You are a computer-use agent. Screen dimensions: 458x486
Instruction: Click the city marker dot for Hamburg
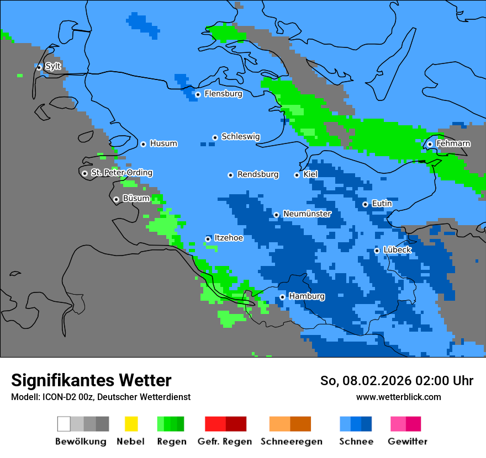tap(282, 297)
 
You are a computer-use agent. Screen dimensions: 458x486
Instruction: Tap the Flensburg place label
tap(223, 94)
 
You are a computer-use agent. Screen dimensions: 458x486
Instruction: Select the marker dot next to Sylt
tap(39, 67)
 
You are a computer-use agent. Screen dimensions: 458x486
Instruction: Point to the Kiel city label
tap(310, 174)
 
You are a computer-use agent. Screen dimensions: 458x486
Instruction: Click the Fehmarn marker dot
tap(430, 145)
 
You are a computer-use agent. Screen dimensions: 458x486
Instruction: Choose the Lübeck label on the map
tap(397, 250)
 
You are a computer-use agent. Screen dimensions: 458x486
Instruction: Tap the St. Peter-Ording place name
tap(121, 173)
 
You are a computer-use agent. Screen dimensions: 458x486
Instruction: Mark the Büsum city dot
tap(116, 199)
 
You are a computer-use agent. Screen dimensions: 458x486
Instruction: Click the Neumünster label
tap(307, 214)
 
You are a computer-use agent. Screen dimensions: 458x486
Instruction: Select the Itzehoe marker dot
tap(208, 239)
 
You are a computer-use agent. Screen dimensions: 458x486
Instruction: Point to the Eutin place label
tap(382, 204)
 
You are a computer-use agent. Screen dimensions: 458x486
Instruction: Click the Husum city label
tap(163, 143)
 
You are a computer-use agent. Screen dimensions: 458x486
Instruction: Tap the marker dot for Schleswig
tap(215, 137)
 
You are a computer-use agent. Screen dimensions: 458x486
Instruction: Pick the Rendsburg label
tap(258, 174)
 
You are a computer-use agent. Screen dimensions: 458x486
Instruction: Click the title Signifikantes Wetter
tap(91, 380)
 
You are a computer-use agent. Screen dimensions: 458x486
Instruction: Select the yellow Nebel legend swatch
tap(131, 424)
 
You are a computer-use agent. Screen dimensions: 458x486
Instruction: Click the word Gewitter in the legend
tap(407, 441)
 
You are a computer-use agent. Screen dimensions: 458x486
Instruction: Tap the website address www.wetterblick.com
tap(398, 397)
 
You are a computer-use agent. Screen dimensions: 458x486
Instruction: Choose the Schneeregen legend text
tap(292, 441)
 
